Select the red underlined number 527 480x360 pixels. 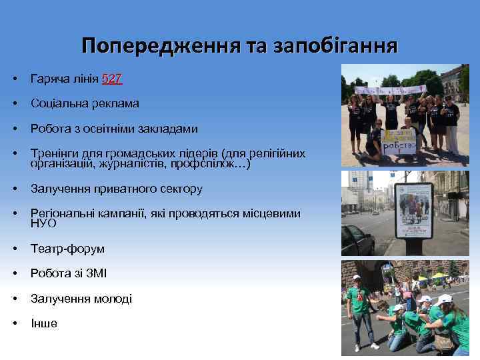tap(112, 79)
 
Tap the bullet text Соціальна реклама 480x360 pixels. tap(85, 103)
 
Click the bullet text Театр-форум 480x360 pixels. tap(67, 249)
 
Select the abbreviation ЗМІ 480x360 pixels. tap(96, 273)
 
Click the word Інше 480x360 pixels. tap(44, 323)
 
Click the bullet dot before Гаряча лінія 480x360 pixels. tap(15, 79)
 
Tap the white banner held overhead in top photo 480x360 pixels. tap(391, 89)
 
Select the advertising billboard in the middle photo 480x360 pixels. tap(413, 210)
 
